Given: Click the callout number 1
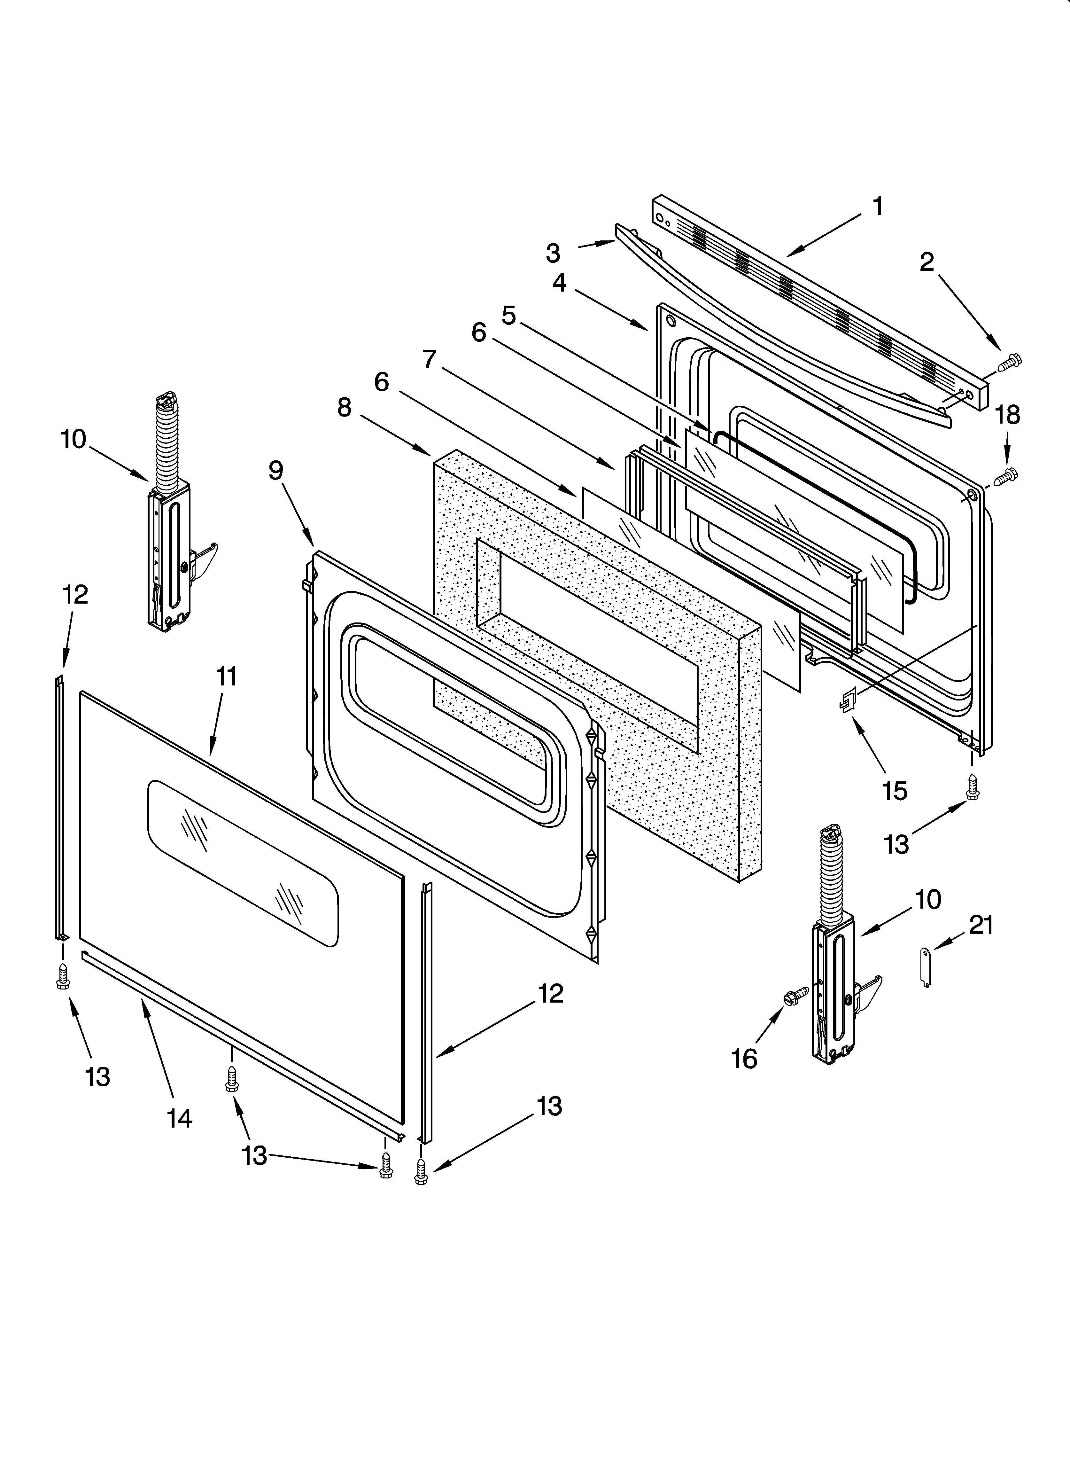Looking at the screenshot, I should tap(878, 207).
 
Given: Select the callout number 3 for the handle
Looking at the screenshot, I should tap(553, 253).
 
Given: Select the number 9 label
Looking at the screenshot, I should tap(275, 471).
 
